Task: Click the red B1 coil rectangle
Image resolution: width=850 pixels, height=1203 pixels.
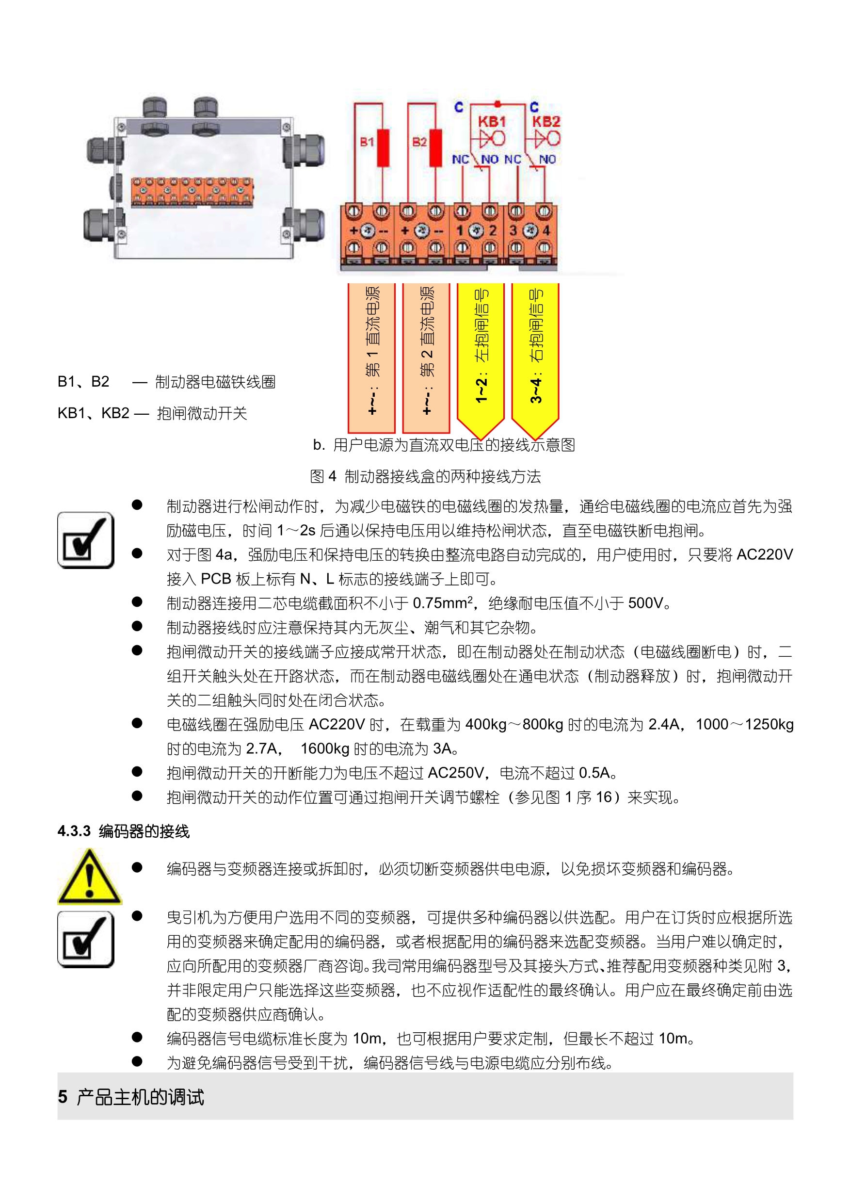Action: tap(383, 148)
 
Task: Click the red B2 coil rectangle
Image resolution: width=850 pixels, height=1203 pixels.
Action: tap(435, 148)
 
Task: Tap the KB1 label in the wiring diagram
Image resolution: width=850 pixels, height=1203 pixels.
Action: tap(491, 122)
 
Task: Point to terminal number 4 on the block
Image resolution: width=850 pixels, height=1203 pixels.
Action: tap(545, 230)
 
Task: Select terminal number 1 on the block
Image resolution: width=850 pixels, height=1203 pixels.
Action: tap(459, 230)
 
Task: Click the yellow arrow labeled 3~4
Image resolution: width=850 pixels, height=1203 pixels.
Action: tap(535, 356)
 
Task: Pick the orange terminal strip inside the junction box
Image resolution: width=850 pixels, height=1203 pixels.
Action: tap(192, 191)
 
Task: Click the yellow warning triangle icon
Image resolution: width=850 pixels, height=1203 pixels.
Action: tap(90, 877)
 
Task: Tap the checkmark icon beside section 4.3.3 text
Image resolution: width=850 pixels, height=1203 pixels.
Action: tap(85, 940)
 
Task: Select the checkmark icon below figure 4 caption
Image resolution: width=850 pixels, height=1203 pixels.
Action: tap(85, 540)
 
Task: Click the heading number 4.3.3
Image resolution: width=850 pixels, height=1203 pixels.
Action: tap(74, 831)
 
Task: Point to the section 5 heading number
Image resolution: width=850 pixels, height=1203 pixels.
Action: tap(63, 1097)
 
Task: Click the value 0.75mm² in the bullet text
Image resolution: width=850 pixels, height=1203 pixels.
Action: tap(443, 603)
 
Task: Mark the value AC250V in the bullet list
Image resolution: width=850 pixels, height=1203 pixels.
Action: tap(456, 773)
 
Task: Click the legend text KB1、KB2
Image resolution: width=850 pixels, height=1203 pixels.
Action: tap(93, 413)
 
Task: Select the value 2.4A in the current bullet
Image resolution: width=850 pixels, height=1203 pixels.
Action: tap(663, 725)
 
